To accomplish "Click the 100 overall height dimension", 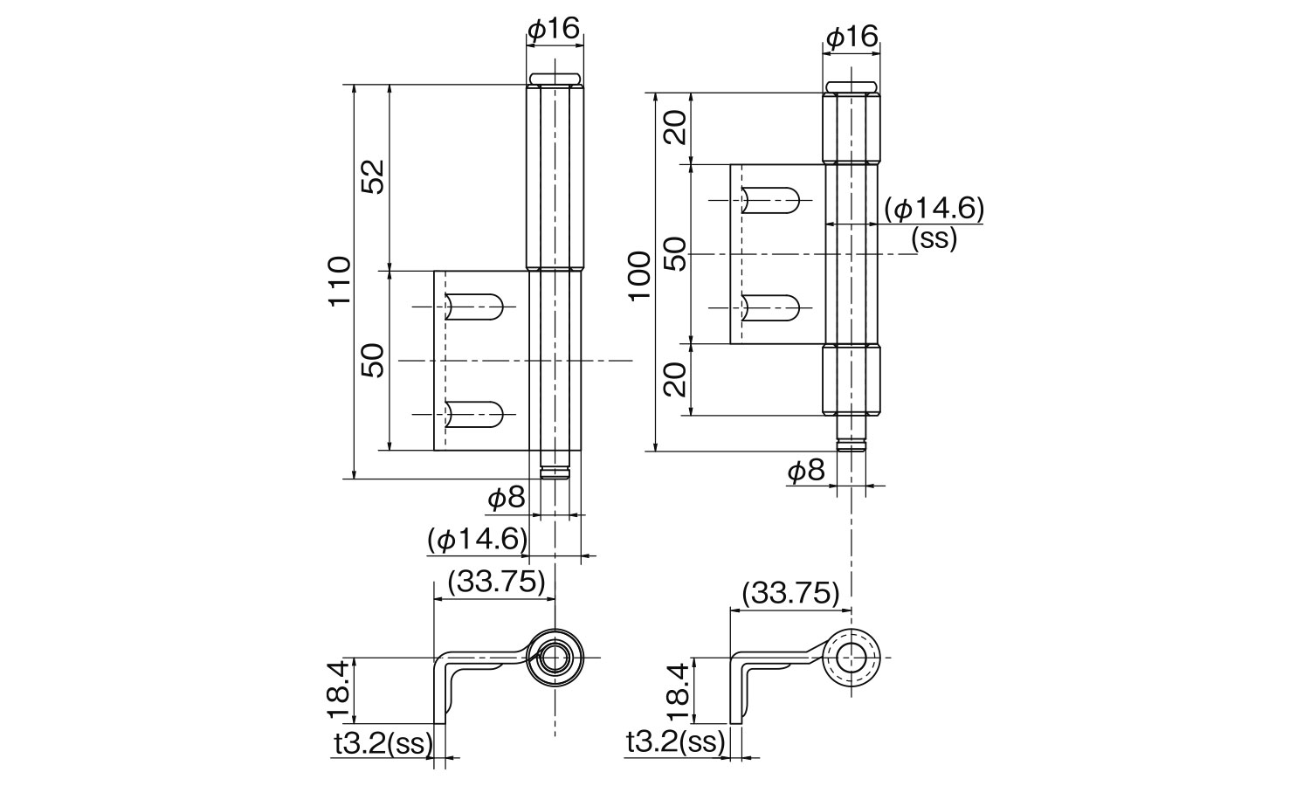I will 640,273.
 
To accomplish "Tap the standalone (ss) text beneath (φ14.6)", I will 934,238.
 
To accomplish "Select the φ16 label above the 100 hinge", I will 851,37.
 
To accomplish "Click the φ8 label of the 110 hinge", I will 506,499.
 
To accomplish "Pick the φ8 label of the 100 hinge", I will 805,472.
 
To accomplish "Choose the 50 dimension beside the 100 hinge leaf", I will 676,253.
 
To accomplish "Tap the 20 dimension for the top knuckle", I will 676,126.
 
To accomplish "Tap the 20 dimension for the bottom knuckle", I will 676,380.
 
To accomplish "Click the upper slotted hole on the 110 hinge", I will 474,307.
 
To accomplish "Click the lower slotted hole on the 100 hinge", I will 770,307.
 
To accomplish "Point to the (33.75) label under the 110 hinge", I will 495,583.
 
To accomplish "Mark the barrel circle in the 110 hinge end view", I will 554,657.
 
